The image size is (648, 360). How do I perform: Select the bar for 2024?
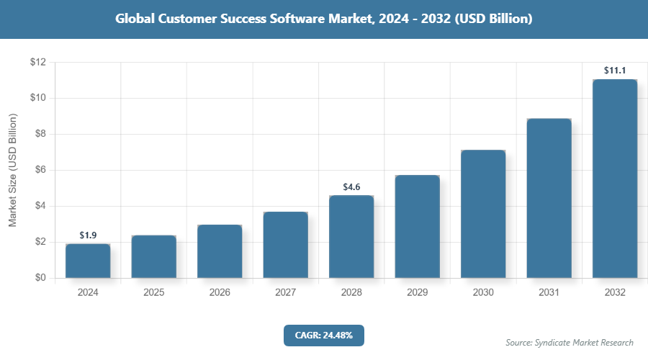pos(88,261)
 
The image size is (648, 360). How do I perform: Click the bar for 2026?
pos(220,251)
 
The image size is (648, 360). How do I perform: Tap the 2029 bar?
pos(417,226)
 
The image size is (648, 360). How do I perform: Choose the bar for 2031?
pos(549,198)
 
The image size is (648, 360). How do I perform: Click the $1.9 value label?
pos(88,235)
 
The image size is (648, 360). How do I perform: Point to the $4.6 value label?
pos(351,187)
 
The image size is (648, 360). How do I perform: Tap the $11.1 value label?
pos(614,71)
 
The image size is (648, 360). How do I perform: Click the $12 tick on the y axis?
pos(38,63)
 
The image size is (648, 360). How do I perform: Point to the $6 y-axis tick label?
pos(40,170)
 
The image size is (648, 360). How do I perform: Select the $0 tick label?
pos(40,278)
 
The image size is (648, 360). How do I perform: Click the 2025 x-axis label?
pos(154,293)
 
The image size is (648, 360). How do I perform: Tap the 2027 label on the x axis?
pos(285,293)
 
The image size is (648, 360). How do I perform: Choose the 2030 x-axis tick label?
pos(482,293)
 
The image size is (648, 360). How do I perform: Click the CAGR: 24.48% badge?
pos(323,335)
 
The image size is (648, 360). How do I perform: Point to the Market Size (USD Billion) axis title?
pos(12,170)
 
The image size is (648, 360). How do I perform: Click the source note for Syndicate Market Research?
pos(570,342)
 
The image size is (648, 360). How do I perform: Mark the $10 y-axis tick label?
pos(38,98)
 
